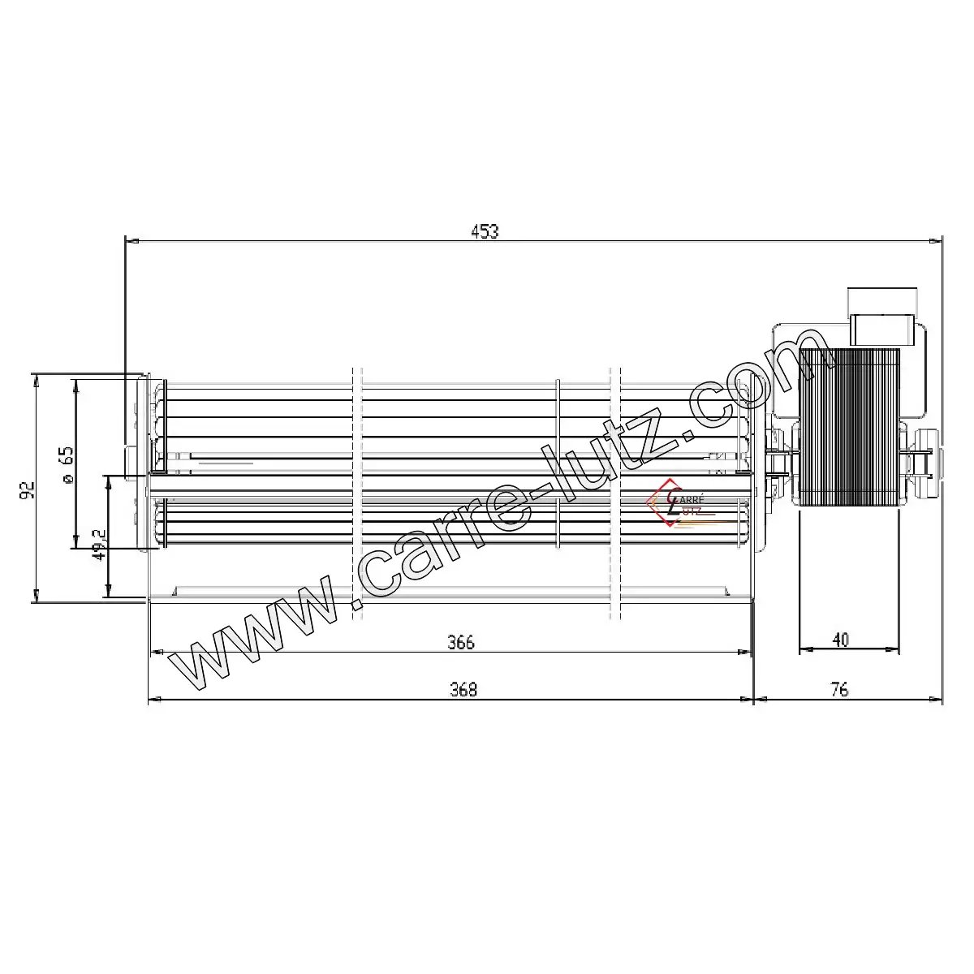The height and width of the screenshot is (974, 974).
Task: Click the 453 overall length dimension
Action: pos(485,231)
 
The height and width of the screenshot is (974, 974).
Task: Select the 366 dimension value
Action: pos(460,642)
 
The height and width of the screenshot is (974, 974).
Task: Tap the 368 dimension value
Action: pos(463,690)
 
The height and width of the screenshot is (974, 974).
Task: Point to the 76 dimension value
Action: pos(840,690)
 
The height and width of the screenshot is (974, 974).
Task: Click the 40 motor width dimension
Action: pos(841,640)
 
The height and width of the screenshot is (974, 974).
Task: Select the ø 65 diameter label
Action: pos(67,466)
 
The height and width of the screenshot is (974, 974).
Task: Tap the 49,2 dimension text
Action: pos(99,546)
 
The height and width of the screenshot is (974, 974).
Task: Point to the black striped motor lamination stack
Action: pos(849,428)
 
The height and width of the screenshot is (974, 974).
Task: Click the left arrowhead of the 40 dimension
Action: pos(804,649)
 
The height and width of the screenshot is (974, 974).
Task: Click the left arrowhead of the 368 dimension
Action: pos(154,699)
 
